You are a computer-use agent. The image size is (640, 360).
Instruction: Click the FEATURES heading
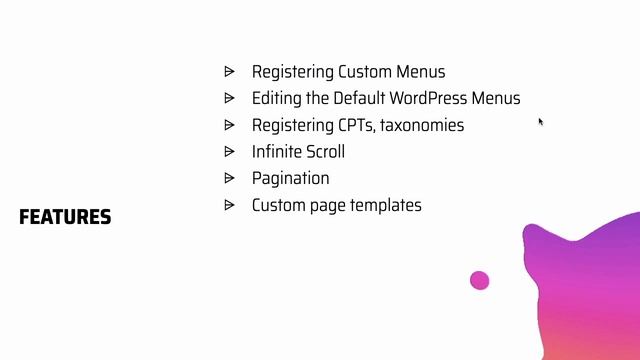65,217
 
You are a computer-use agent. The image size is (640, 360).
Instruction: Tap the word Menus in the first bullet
423,72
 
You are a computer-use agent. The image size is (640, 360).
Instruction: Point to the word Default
363,98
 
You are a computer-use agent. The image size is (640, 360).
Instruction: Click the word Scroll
325,152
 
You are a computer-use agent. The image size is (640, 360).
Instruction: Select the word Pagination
290,178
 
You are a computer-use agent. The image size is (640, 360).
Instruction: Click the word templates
383,205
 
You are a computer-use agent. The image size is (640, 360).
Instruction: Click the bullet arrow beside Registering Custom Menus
229,71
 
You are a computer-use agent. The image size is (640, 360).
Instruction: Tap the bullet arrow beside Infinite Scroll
229,151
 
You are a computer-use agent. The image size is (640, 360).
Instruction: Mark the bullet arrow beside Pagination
229,178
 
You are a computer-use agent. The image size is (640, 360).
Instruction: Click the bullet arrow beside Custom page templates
229,204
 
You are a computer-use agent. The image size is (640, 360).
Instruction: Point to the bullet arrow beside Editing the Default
229,98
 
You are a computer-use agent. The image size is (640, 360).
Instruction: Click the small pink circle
480,281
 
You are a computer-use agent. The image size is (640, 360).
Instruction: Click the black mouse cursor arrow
541,122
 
